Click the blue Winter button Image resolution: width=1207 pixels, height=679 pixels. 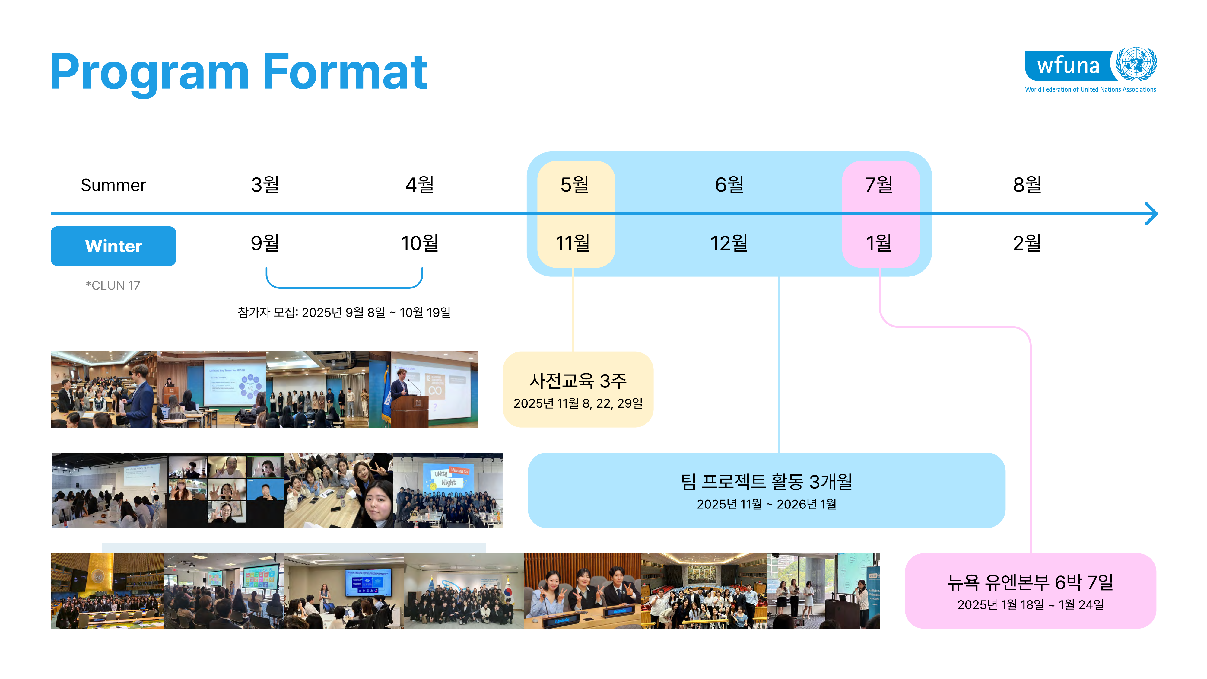coord(113,246)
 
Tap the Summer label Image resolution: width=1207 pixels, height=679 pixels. coord(113,185)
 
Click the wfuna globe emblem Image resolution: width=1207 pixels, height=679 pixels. coord(1136,64)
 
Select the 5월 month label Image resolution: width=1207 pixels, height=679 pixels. coord(575,185)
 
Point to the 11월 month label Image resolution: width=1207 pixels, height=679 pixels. coord(573,243)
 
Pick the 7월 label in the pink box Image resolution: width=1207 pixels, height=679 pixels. coord(879,185)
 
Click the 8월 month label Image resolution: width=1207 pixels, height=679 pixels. coord(1028,185)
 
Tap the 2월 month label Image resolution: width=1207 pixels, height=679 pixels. coord(1027,243)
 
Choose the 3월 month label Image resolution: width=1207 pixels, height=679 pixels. coord(265,185)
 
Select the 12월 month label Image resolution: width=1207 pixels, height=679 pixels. coord(729,243)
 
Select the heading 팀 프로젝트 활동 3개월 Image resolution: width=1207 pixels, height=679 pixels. coord(767,482)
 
